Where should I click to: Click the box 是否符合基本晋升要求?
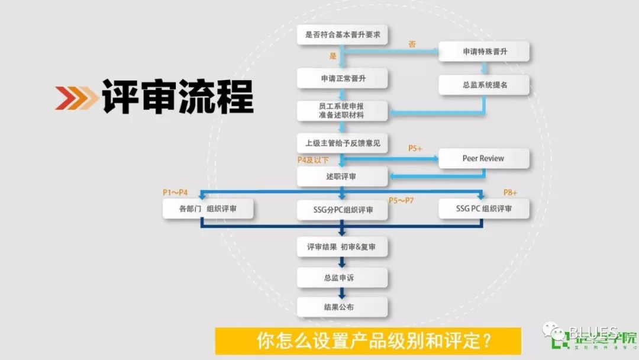pyautogui.click(x=342, y=35)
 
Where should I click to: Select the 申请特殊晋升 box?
pyautogui.click(x=484, y=52)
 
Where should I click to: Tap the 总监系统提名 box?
pyautogui.click(x=484, y=85)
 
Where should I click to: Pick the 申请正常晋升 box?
pyautogui.click(x=342, y=78)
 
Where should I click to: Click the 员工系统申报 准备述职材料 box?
pyautogui.click(x=342, y=111)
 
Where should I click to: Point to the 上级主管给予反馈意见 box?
pyautogui.click(x=342, y=143)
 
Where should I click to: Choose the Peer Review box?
pyautogui.click(x=484, y=159)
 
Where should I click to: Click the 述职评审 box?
pyautogui.click(x=342, y=176)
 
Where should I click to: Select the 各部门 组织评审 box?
pyautogui.click(x=208, y=209)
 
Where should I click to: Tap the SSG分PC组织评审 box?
pyautogui.click(x=342, y=210)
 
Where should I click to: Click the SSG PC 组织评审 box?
pyautogui.click(x=484, y=208)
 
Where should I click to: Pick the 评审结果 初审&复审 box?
pyautogui.click(x=342, y=247)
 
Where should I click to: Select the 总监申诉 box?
pyautogui.click(x=342, y=277)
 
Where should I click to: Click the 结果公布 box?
pyautogui.click(x=342, y=307)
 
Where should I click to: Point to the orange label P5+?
pyautogui.click(x=415, y=148)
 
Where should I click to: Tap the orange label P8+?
pyautogui.click(x=510, y=192)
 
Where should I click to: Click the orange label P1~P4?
pyautogui.click(x=175, y=192)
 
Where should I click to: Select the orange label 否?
pyautogui.click(x=412, y=44)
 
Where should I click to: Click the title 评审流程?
pyautogui.click(x=177, y=96)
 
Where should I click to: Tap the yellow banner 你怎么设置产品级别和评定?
pyautogui.click(x=367, y=341)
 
